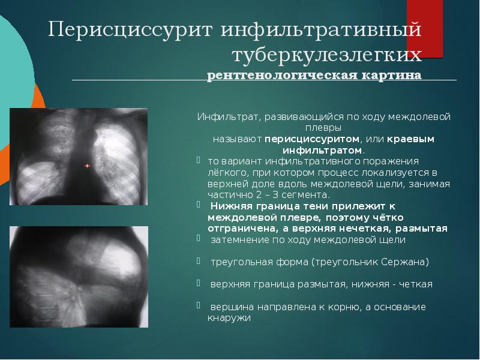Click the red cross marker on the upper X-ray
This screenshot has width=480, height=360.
87,165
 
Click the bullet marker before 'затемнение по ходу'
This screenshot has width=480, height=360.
199,238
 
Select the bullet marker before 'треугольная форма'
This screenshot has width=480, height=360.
199,260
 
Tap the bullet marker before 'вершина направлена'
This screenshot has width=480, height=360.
199,305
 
